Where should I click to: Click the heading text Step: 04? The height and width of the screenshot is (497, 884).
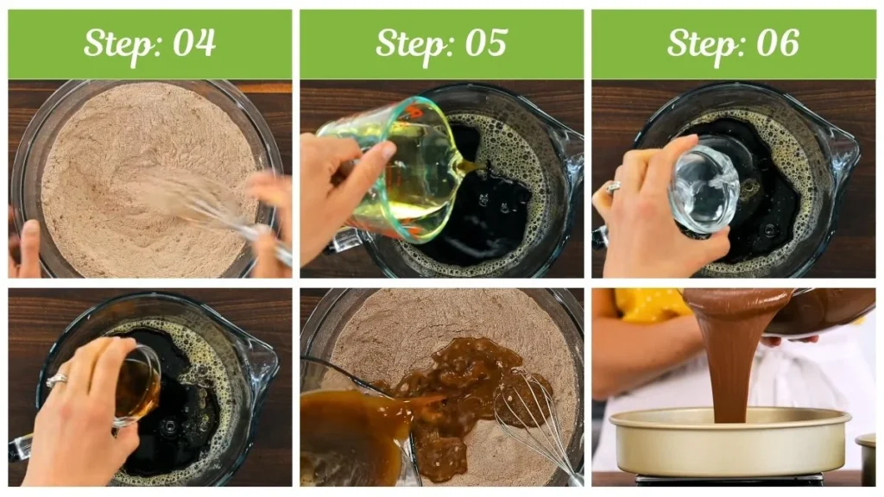[x=149, y=43]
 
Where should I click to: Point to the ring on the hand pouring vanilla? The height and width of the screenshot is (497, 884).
[x=56, y=379]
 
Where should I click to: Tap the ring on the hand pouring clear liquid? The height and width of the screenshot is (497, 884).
[x=612, y=186]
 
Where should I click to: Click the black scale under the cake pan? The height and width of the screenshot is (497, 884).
[x=729, y=479]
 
